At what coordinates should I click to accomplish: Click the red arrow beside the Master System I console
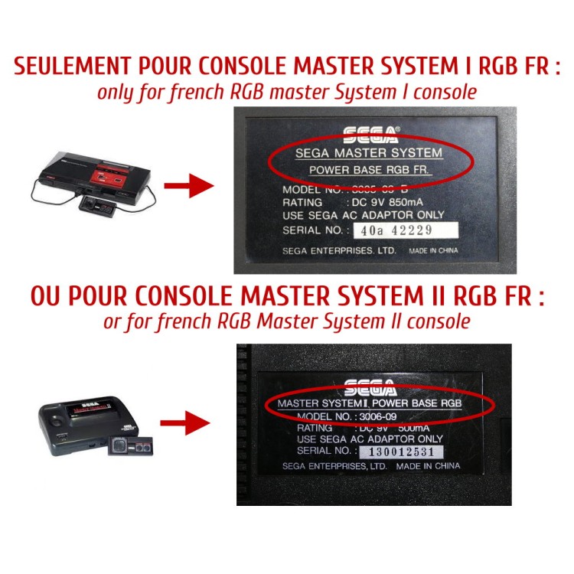click(x=189, y=184)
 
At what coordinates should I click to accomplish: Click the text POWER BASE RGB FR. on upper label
click(x=368, y=168)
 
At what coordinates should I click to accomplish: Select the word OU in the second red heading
click(x=47, y=297)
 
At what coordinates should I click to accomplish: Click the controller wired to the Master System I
click(x=100, y=203)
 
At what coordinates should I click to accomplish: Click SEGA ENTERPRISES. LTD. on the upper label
click(x=338, y=250)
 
